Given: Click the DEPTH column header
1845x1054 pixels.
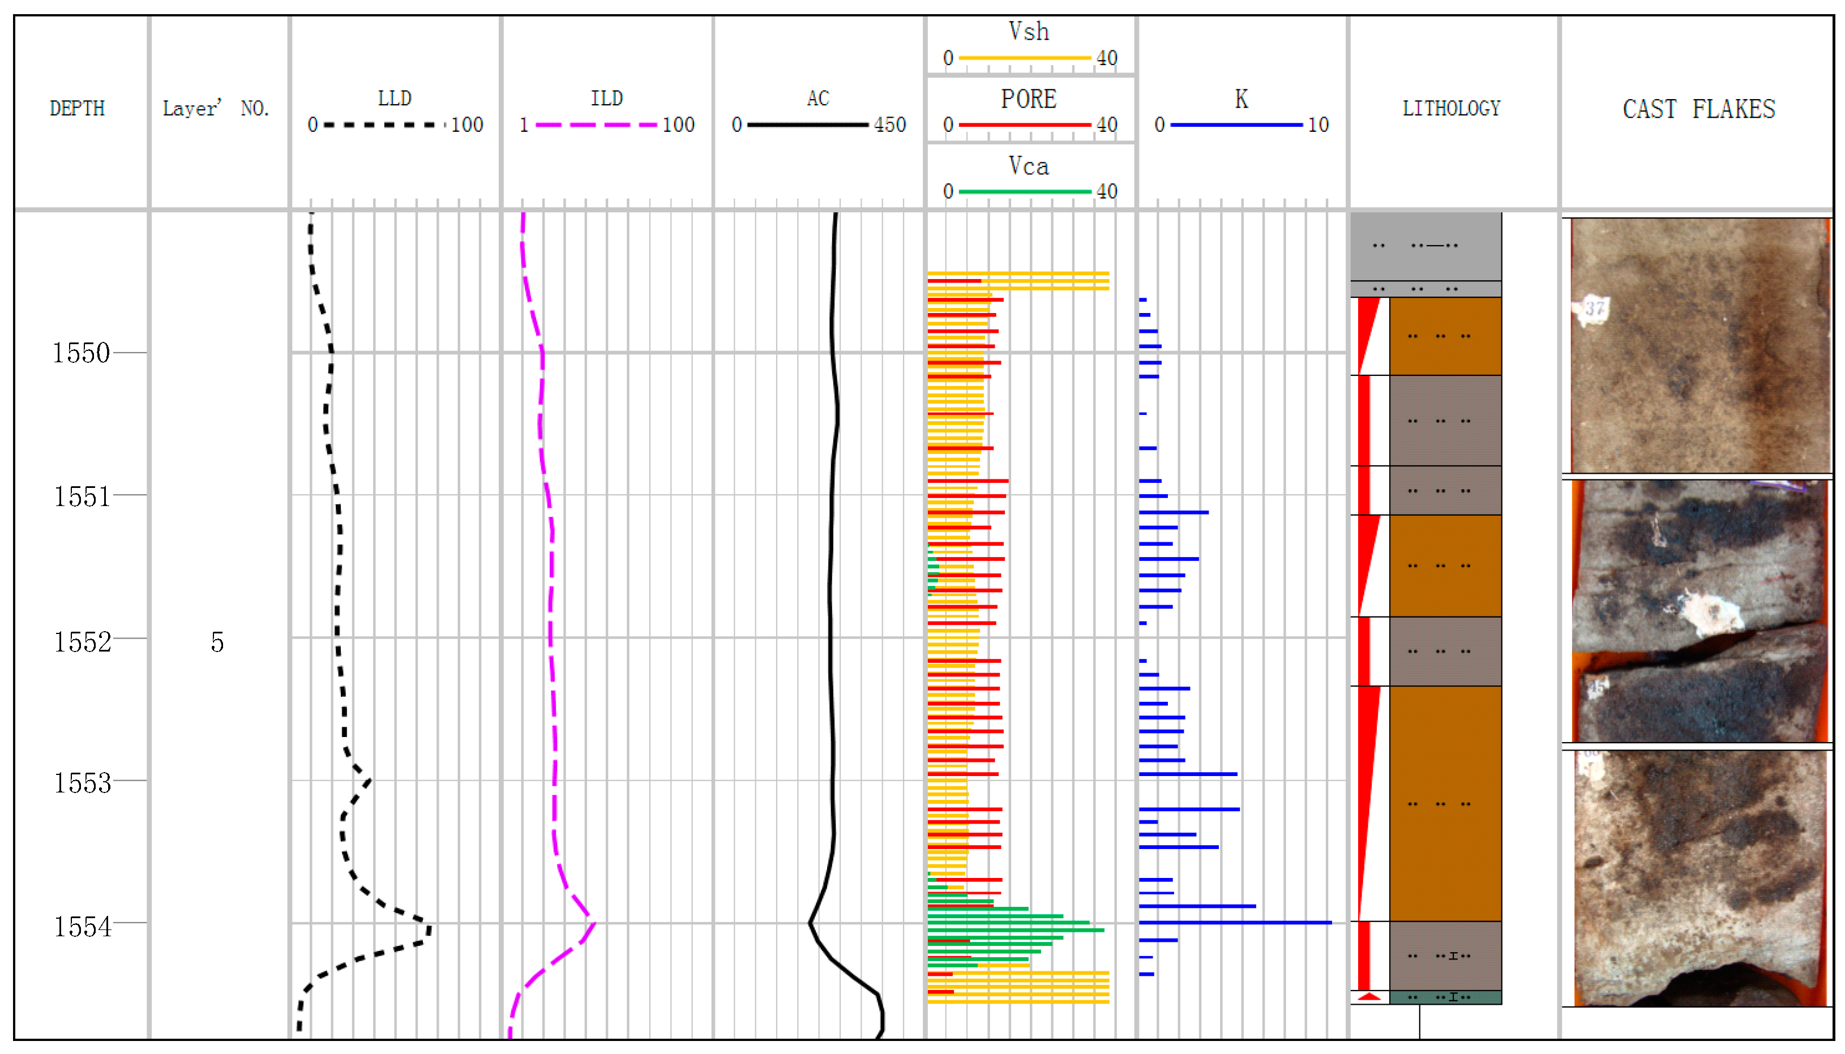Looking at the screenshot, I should pyautogui.click(x=78, y=109).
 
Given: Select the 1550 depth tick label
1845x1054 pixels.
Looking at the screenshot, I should pyautogui.click(x=81, y=353).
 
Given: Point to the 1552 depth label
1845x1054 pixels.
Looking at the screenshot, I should pyautogui.click(x=83, y=642).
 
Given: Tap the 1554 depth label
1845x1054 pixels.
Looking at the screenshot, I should pyautogui.click(x=83, y=927).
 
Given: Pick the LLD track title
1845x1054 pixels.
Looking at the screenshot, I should pyautogui.click(x=395, y=98).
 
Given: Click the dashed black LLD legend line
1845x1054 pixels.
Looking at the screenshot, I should pyautogui.click(x=384, y=125).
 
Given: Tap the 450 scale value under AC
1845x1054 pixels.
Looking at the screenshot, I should pyautogui.click(x=889, y=125).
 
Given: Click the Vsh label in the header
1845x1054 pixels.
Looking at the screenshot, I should pyautogui.click(x=1029, y=32).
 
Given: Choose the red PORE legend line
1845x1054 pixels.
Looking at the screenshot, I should pyautogui.click(x=1024, y=125).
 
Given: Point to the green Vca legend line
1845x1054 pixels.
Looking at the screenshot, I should pyautogui.click(x=1024, y=192).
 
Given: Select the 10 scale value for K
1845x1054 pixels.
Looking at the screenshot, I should pyautogui.click(x=1318, y=125).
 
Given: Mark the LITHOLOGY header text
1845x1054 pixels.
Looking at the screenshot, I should pyautogui.click(x=1451, y=109).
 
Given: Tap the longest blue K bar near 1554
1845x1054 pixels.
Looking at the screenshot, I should pyautogui.click(x=1235, y=922).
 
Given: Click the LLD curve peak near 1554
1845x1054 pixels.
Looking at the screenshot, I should pyautogui.click(x=429, y=929).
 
